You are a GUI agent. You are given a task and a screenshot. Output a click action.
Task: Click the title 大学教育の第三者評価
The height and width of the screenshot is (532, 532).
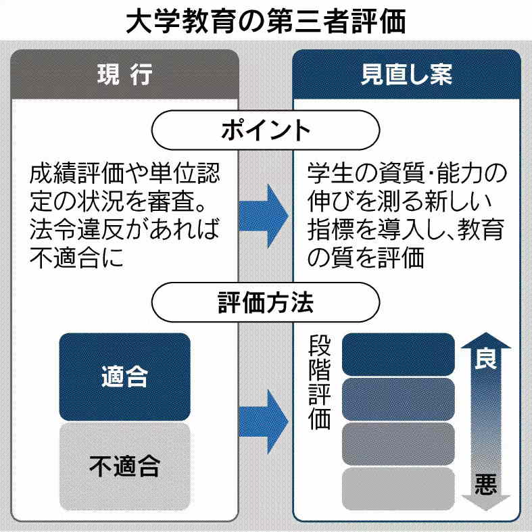point(266,22)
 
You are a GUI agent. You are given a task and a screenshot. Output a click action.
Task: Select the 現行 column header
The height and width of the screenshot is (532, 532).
point(125,74)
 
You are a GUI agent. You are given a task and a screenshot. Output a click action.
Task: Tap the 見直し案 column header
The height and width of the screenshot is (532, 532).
point(406,74)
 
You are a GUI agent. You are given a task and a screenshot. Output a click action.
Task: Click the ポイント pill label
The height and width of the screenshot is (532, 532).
point(266,130)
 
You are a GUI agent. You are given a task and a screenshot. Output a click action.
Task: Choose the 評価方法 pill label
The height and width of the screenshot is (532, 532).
point(266,302)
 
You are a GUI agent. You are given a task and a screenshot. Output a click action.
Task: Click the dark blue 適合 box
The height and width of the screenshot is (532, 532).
point(125,377)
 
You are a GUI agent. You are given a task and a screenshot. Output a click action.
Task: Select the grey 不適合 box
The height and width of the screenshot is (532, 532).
point(125,466)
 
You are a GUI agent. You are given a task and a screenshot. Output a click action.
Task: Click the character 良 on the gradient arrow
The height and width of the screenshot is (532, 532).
point(485,358)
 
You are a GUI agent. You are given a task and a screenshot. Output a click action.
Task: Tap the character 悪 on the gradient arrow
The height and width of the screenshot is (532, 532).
point(485,484)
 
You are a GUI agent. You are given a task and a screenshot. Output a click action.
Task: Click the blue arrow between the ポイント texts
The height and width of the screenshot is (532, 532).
point(266,216)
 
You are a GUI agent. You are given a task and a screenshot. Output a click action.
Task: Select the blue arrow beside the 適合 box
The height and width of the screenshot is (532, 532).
point(266,421)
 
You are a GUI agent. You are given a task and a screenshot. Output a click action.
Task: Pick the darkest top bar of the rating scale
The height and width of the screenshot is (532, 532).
point(398,354)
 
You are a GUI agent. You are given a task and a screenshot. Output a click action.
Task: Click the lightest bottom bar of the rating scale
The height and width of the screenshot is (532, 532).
point(398,489)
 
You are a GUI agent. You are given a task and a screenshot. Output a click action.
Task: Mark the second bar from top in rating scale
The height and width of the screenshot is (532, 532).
point(398,399)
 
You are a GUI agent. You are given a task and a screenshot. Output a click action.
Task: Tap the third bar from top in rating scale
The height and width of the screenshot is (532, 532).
point(398,444)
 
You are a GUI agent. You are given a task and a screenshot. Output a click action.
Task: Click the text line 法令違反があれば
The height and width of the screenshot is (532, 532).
point(125,230)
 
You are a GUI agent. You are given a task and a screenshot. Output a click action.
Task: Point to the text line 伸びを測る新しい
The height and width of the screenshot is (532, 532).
point(399,201)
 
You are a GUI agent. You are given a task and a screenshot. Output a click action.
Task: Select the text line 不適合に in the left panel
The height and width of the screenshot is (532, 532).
point(77,258)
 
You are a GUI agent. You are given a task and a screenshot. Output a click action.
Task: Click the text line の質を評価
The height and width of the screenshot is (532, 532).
point(366,258)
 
